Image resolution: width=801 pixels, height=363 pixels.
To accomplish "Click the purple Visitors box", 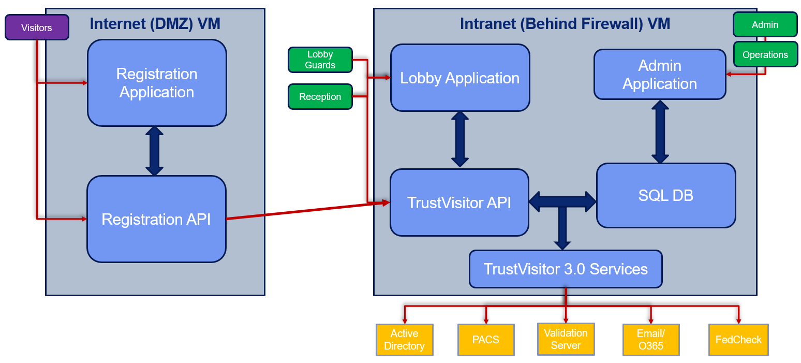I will point(36,27).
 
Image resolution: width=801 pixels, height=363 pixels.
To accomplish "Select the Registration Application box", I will point(157,83).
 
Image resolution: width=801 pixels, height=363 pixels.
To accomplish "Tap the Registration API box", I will point(156,219).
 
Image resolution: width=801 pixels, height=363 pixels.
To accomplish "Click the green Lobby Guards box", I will point(320,60).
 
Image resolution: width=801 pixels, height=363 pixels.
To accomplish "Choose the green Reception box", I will point(320,97).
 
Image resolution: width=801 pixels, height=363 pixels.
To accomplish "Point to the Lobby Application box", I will point(459,78).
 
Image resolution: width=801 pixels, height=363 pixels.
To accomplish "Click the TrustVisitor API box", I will point(459,202).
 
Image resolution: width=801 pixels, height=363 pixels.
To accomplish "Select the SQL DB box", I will point(665,195).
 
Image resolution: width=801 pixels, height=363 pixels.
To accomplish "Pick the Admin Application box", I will point(660,75).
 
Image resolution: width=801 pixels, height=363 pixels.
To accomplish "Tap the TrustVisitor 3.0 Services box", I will point(566,269).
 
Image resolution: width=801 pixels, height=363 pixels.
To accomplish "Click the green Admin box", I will point(765,25).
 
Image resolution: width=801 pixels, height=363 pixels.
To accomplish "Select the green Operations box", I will point(765,55).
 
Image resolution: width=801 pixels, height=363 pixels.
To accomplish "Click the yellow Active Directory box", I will point(404,340).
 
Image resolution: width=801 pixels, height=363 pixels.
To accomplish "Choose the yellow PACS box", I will point(485,340).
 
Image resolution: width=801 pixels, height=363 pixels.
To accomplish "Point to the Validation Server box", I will point(566,339).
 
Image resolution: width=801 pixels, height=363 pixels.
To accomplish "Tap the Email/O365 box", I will point(650,340).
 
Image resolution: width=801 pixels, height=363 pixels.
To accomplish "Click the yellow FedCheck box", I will point(738,340).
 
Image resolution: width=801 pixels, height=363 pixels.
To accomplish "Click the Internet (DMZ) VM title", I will point(155,24).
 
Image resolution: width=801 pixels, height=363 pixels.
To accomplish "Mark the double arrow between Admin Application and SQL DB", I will point(660,132).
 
